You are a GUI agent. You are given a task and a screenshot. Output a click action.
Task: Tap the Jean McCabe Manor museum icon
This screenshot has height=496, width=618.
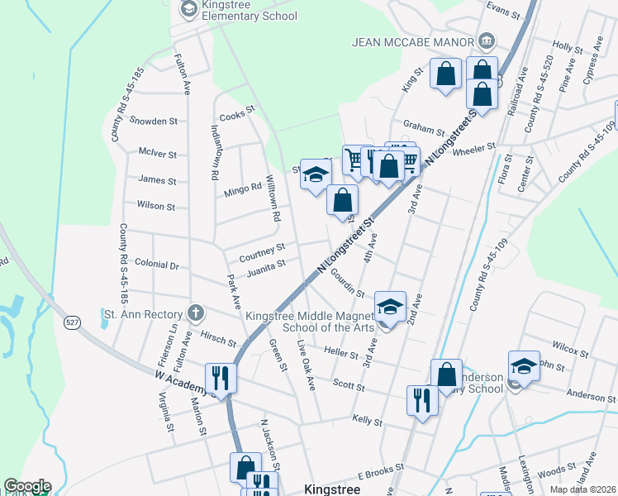point(487,41)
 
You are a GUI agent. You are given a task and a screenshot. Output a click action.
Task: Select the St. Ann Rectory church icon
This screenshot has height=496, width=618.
point(195,313)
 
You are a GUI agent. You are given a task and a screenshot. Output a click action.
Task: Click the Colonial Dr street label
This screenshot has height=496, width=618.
point(163,265)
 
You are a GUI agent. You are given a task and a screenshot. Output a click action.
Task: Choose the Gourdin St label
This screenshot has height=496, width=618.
point(348,281)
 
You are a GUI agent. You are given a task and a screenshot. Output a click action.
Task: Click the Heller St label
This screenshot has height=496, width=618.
point(341,354)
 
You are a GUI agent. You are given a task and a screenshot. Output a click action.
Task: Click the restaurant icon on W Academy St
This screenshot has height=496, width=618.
point(221,377)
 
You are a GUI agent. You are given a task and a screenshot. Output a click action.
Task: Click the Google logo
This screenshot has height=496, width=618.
point(26,486)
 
